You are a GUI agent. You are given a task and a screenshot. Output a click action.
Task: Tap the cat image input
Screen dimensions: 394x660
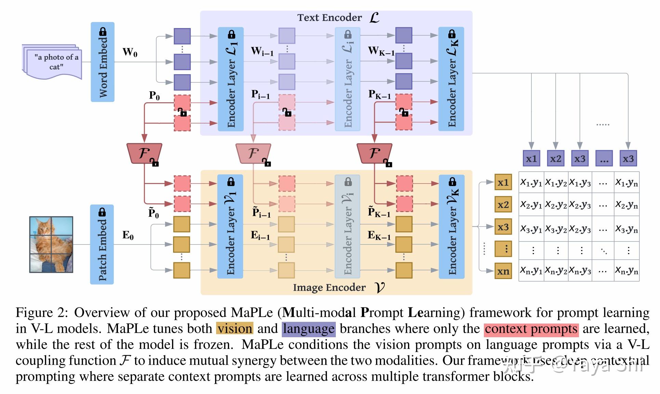pos(51,244)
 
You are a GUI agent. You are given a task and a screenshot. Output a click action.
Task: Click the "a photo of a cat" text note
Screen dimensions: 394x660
pos(55,62)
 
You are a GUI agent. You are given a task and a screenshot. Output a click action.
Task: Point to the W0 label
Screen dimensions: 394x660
pos(130,52)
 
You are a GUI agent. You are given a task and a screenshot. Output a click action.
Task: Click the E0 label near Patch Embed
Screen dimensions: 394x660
pos(128,235)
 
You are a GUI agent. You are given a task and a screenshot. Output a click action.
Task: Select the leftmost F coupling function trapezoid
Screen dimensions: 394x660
pos(144,153)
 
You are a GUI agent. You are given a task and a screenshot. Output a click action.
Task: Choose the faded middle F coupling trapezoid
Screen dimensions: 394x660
pos(253,153)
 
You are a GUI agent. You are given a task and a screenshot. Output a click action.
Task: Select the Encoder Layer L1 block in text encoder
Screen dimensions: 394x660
pos(231,79)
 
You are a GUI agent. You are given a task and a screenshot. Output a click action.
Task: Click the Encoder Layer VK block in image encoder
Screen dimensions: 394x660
pos(452,227)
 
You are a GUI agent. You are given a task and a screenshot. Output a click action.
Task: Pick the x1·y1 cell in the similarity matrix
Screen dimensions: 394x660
pos(531,183)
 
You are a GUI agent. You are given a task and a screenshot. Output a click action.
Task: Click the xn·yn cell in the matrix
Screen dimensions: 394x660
pos(626,271)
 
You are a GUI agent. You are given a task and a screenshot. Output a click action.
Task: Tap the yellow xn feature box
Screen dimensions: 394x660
pos(503,271)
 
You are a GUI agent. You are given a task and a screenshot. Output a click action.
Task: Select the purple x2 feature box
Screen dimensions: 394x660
pos(555,159)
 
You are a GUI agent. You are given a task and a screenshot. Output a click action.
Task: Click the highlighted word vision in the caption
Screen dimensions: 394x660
pos(235,328)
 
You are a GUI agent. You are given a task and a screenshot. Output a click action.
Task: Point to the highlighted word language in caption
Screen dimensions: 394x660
pos(308,329)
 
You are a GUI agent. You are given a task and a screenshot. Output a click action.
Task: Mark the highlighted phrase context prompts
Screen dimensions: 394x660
pos(531,329)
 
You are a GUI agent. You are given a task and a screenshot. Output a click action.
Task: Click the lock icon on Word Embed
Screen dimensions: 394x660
pos(103,31)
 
